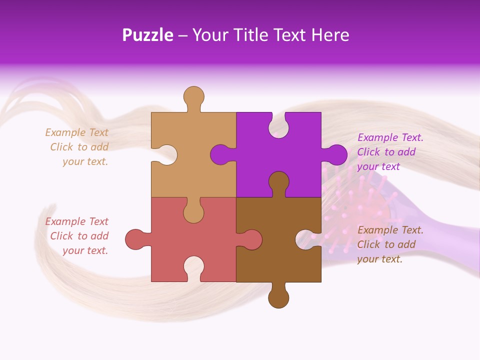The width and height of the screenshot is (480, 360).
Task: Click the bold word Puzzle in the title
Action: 147,35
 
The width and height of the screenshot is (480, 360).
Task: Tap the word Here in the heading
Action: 330,35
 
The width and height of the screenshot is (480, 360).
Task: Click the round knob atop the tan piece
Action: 193,97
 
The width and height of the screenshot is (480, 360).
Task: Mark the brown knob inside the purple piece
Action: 278,182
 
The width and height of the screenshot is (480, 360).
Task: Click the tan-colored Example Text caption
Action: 77,147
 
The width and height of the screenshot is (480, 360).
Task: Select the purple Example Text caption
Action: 390,152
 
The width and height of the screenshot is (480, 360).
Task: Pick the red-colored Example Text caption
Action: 77,236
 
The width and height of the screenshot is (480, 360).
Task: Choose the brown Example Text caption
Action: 390,244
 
